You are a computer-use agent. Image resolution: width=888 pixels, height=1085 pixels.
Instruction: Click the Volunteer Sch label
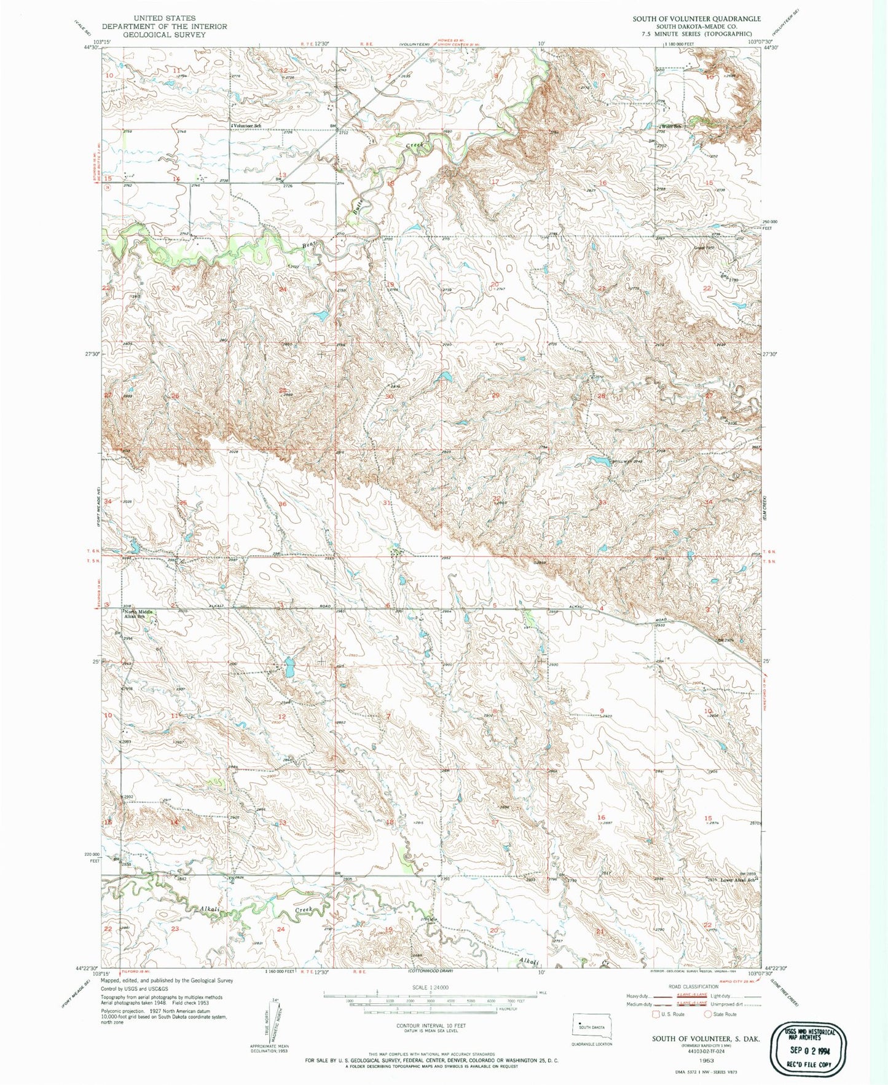245,125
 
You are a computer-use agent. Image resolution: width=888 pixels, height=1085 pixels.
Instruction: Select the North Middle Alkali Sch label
138,614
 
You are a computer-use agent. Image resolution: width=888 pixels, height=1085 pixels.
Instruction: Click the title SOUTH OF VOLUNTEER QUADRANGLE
696,18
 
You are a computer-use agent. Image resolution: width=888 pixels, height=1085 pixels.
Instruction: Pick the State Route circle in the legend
708,1014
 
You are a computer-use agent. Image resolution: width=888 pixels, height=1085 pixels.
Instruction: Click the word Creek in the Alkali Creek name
304,909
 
